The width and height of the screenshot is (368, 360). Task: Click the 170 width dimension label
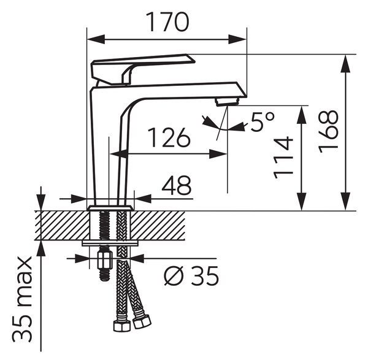[x=167, y=21]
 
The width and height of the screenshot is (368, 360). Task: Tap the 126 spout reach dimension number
[x=169, y=137]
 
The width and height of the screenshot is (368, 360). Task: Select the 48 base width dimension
[x=177, y=185]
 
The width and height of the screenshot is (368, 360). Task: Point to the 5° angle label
[x=263, y=122]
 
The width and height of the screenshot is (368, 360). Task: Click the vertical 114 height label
[x=283, y=158]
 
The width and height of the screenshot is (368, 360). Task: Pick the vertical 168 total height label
[x=329, y=132]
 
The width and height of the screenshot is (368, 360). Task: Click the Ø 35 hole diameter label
[x=191, y=276]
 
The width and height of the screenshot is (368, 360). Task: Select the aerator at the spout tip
[x=227, y=102]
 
